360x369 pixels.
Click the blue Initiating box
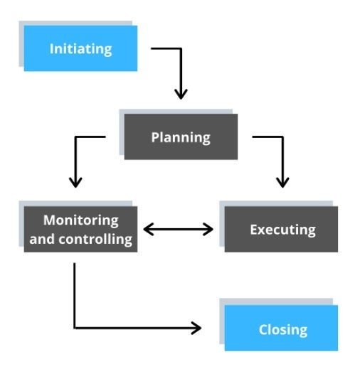pyautogui.click(x=80, y=48)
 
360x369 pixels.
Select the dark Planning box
pyautogui.click(x=181, y=137)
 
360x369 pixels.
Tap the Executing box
pyautogui.click(x=281, y=229)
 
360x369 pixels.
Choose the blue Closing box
pyautogui.click(x=281, y=328)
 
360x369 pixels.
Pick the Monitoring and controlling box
pyautogui.click(x=80, y=229)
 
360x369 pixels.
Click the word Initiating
pyautogui.click(x=80, y=49)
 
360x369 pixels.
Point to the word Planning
pyautogui.click(x=181, y=138)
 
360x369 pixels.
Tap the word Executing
pyautogui.click(x=283, y=230)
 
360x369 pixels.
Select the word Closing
pyautogui.click(x=283, y=330)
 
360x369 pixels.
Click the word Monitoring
pyautogui.click(x=81, y=220)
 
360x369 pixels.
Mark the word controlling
pyautogui.click(x=95, y=239)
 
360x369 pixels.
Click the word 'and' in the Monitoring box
pyautogui.click(x=42, y=239)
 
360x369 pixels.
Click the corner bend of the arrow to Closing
pyautogui.click(x=75, y=328)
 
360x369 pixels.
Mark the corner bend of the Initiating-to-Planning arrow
pyautogui.click(x=181, y=48)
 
